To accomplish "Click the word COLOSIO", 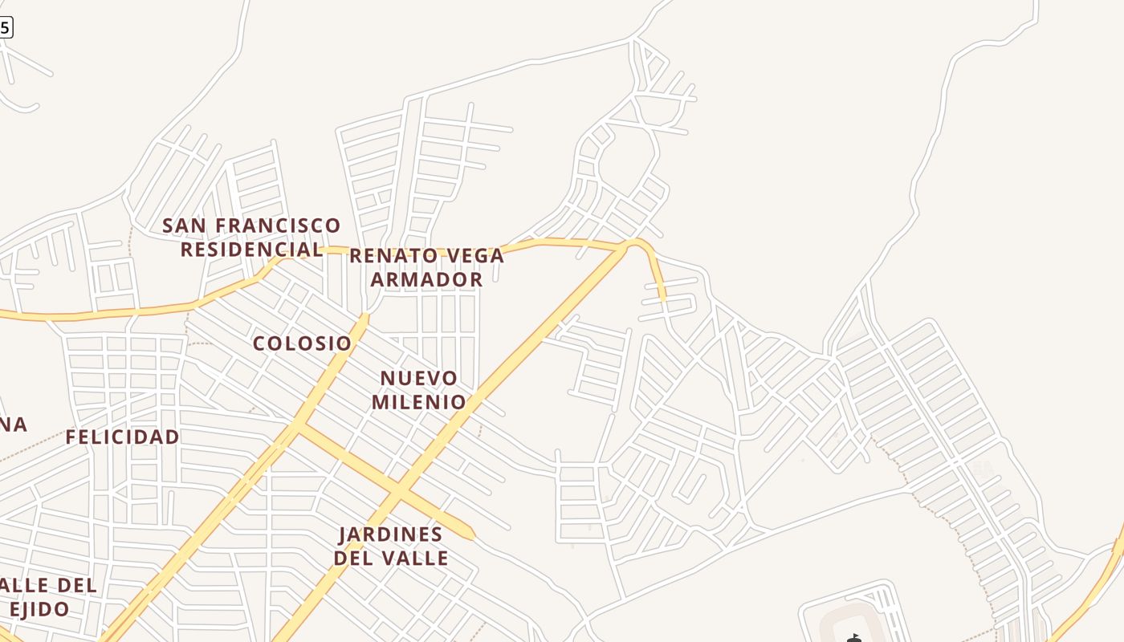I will tap(302, 343).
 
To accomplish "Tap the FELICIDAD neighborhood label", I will tap(122, 437).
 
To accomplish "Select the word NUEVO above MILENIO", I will tap(418, 378).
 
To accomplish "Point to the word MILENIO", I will tap(418, 402).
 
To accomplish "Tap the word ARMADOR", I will tap(426, 280).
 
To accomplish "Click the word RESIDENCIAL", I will tap(251, 250).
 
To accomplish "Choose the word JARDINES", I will tap(390, 534).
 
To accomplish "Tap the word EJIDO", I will tap(39, 609).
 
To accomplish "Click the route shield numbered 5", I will tap(5, 27).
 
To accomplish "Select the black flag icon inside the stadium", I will tap(853, 638).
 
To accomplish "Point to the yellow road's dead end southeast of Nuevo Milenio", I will tap(471, 534).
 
